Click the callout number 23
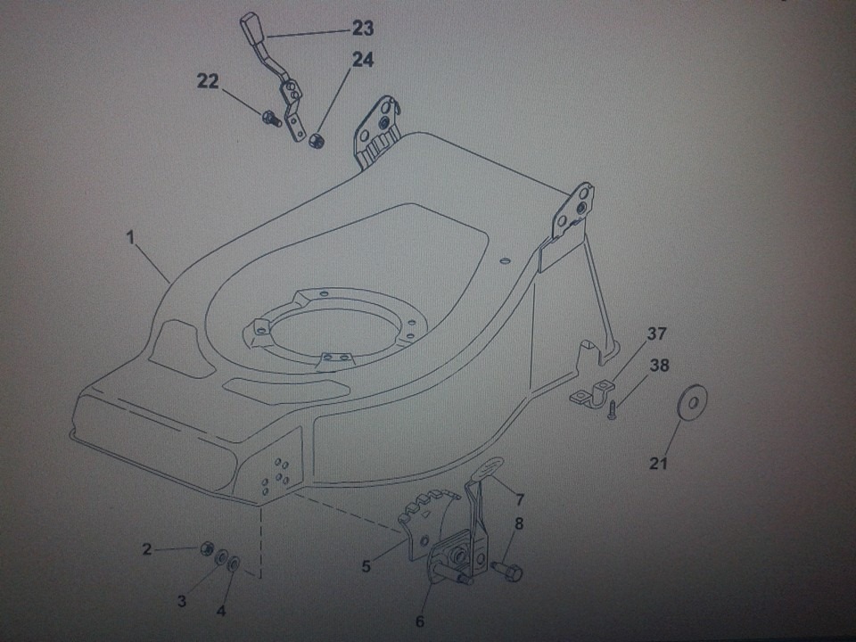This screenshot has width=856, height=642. point(363,29)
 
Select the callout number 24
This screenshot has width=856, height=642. point(363,60)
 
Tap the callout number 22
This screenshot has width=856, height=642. point(208,82)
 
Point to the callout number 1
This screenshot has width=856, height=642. point(130,238)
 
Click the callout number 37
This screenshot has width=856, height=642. point(657,333)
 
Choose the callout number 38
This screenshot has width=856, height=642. point(659,366)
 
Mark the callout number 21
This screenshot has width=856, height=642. point(658,464)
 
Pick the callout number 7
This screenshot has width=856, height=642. point(520,499)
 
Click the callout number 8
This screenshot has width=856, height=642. point(519,524)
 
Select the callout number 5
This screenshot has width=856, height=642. point(366,567)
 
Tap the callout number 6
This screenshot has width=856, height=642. point(420,621)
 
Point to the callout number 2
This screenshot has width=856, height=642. point(147,548)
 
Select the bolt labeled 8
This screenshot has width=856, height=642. point(507,572)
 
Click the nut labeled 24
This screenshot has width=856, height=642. point(315,140)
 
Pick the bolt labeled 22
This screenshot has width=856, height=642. point(271,118)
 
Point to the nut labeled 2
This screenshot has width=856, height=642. point(206,547)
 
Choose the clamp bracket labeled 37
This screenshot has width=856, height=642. point(592,392)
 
